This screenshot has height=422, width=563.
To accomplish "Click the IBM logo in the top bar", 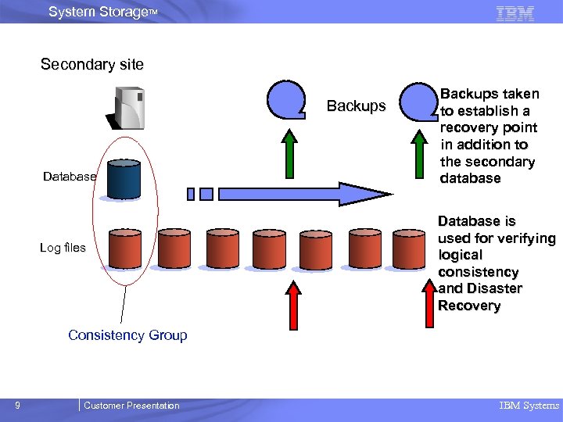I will point(515,13).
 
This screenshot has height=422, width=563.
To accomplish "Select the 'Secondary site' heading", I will point(92,65).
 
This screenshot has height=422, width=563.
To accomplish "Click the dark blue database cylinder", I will point(124,181).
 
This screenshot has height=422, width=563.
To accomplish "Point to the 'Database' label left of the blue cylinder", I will point(70,177).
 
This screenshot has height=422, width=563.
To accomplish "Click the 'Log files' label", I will point(63,248).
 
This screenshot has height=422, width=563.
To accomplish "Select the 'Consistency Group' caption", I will point(127,335).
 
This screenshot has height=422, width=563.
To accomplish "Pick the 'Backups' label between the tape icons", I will point(356,106).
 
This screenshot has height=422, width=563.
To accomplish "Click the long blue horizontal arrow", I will point(297,193).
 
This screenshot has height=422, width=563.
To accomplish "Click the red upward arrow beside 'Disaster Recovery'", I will point(429,301).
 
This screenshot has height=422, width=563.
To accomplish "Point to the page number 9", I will point(17,405).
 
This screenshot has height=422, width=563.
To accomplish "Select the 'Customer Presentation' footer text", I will point(131,405).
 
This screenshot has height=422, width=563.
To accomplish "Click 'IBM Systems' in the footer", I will point(529,405).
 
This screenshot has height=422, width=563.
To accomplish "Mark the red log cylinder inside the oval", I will point(125,249).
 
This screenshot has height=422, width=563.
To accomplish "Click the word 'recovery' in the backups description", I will point(468,127).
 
